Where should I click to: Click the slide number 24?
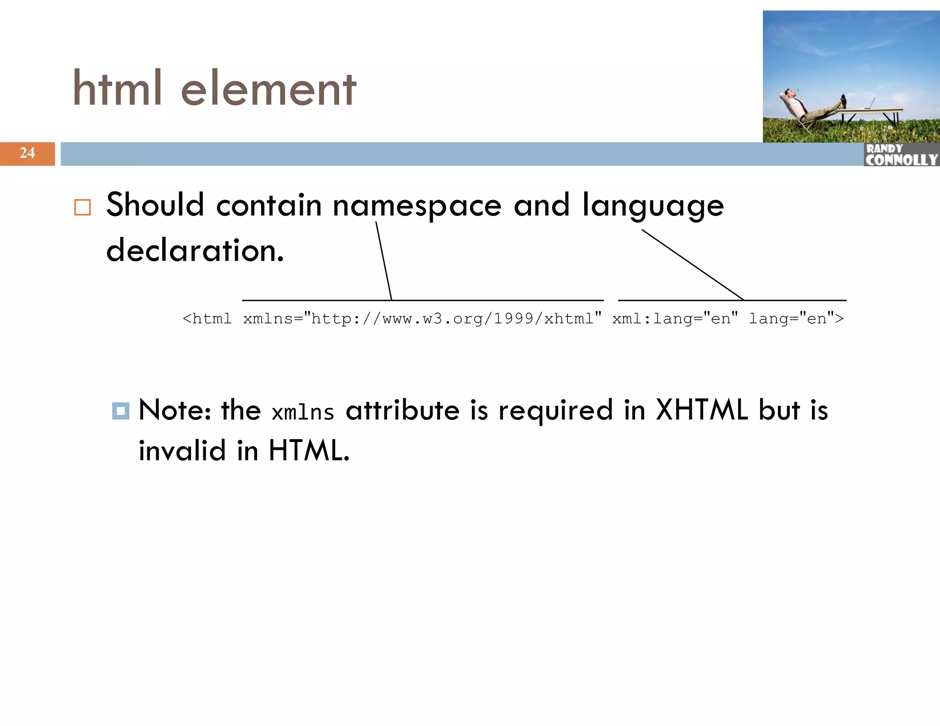click(x=27, y=153)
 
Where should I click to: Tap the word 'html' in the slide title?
click(x=117, y=88)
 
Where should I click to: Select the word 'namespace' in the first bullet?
click(x=417, y=205)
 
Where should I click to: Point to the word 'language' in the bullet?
click(x=653, y=206)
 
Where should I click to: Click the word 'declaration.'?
click(x=195, y=251)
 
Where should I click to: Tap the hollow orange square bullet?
click(x=83, y=207)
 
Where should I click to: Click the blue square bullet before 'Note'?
click(x=120, y=411)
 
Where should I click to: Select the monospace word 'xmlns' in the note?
click(x=302, y=412)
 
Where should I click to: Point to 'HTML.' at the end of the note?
click(x=309, y=450)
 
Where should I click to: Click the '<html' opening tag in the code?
click(x=207, y=318)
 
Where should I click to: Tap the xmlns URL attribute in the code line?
click(x=422, y=318)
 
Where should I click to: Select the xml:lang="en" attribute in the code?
click(x=675, y=318)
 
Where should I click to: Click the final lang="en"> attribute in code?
click(x=796, y=318)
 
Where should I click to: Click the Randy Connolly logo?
click(x=901, y=155)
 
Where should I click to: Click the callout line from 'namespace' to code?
click(x=384, y=261)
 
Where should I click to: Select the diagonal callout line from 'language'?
click(x=692, y=264)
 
